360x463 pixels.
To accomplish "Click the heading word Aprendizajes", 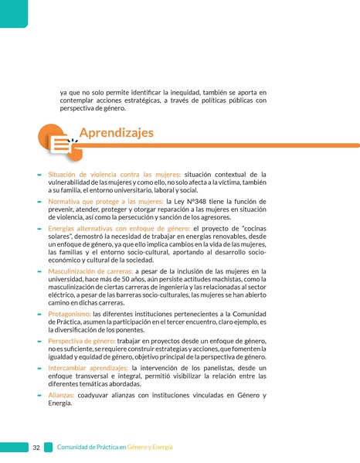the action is coord(116,133).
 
